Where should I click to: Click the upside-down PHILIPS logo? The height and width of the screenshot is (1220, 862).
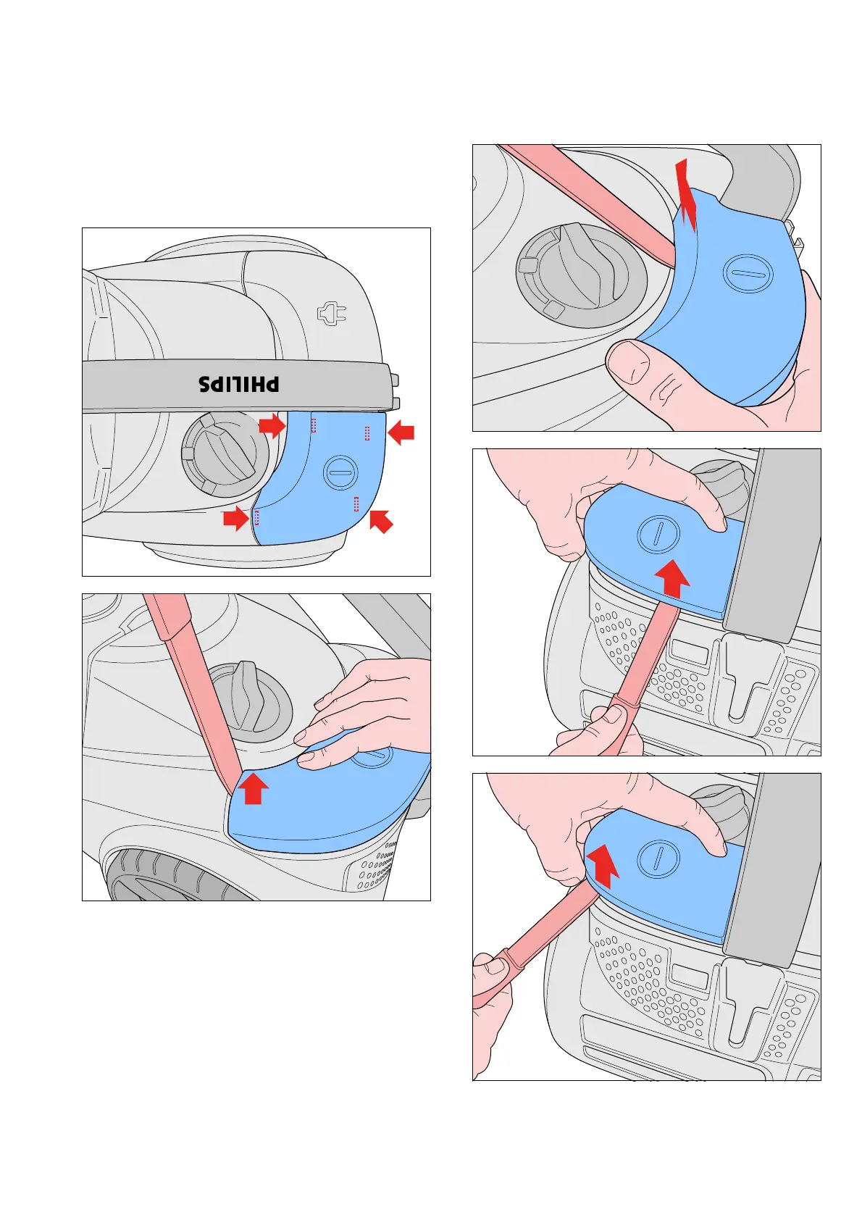[x=239, y=384]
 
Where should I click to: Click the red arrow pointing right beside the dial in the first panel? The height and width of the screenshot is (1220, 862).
[x=272, y=425]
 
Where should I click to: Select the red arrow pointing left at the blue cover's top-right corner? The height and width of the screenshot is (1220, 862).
[x=401, y=433]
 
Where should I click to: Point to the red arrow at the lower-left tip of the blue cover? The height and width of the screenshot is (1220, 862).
[x=235, y=518]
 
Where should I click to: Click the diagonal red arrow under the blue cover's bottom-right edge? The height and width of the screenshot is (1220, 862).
[x=381, y=521]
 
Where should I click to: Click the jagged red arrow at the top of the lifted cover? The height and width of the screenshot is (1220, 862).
[x=687, y=196]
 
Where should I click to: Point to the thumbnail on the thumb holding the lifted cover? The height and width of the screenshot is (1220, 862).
[x=628, y=360]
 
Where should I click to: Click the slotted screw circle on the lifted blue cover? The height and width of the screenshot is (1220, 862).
[x=748, y=273]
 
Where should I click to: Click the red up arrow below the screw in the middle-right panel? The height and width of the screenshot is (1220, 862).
[x=673, y=577]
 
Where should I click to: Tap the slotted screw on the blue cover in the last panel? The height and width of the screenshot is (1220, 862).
[x=658, y=859]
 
